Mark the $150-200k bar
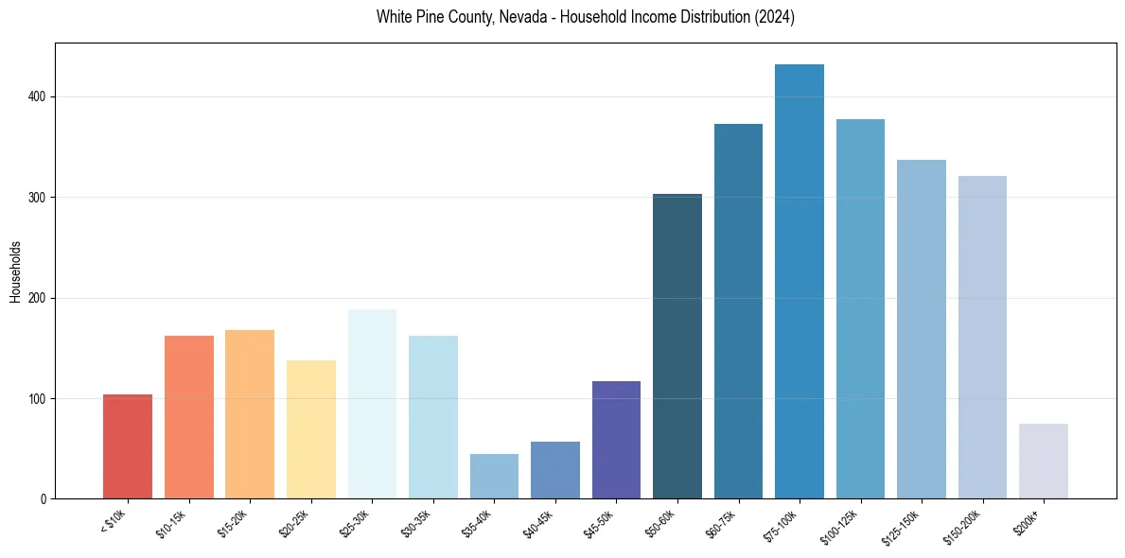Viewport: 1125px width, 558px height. point(982,337)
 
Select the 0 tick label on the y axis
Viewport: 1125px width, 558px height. point(46,499)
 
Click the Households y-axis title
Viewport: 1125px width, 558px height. point(15,270)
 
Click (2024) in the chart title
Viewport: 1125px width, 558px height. point(775,17)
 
